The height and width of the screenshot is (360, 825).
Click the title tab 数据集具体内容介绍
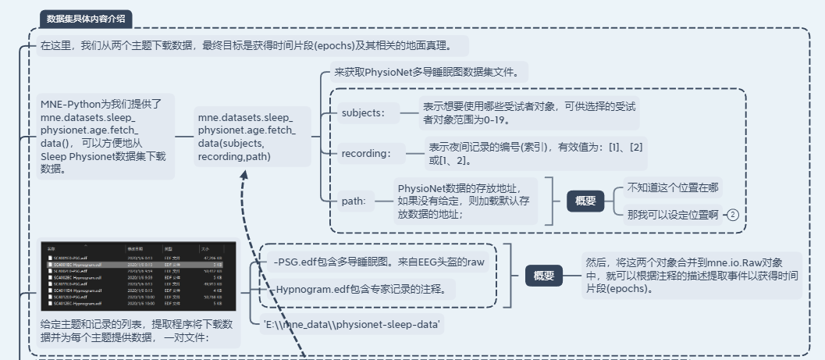[x=86, y=19]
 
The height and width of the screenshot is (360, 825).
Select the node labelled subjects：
[x=364, y=112]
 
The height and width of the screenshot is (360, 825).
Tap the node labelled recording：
[x=367, y=153]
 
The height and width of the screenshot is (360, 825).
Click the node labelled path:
[x=354, y=201]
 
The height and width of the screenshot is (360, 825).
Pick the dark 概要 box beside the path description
[x=585, y=201]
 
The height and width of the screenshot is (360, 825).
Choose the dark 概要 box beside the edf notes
[x=543, y=275]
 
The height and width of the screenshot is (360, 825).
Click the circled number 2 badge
[x=732, y=215]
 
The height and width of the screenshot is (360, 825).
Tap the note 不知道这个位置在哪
[x=673, y=187]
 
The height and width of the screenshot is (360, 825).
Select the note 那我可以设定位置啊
[x=672, y=215]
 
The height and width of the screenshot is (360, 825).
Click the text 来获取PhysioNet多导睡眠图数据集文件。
[x=431, y=72]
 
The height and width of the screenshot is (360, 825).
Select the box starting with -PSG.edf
[x=379, y=262]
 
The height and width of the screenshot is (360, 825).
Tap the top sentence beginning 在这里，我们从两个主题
[x=253, y=45]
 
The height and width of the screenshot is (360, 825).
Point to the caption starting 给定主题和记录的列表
[x=137, y=331]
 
